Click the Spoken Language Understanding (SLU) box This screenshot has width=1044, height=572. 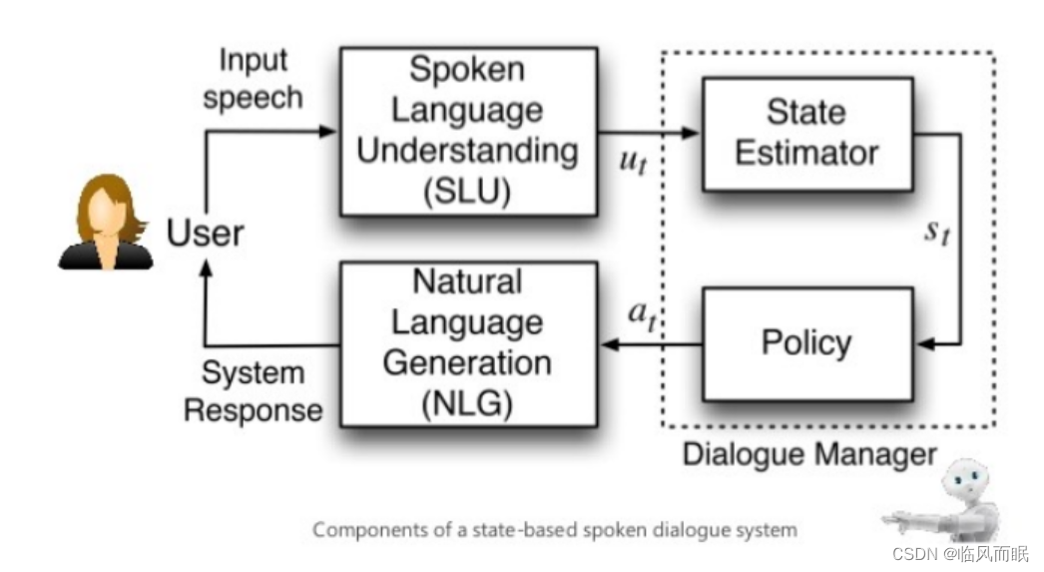coord(468,131)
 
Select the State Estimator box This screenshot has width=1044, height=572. coord(806,134)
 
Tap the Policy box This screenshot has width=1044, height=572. coord(806,343)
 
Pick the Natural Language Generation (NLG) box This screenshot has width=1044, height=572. coord(468,343)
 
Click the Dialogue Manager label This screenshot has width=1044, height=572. coord(809,455)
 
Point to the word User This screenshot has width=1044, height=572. coord(205,234)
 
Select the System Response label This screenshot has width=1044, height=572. coord(254,391)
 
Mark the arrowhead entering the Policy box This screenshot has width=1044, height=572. coord(924,344)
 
